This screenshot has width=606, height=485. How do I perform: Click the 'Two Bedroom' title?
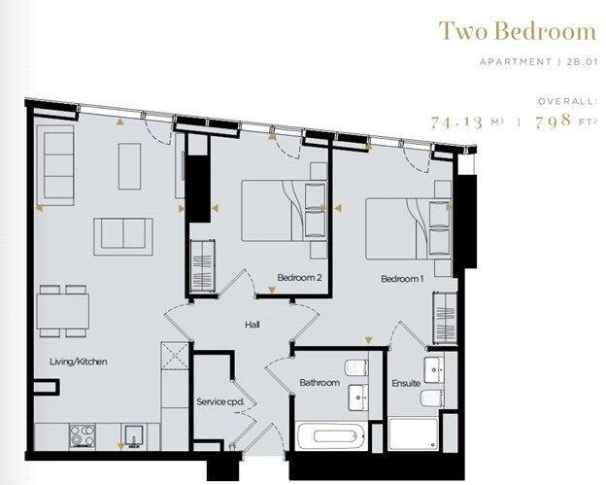(x=517, y=31)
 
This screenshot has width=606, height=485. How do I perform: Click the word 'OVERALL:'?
(x=567, y=100)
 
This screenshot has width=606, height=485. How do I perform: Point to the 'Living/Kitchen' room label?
(x=78, y=362)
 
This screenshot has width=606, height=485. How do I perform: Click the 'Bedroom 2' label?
(x=299, y=279)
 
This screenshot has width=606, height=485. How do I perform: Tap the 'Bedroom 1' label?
(x=402, y=279)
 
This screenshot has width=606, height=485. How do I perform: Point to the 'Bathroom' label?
(x=320, y=383)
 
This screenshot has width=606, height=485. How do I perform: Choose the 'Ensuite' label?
(x=407, y=383)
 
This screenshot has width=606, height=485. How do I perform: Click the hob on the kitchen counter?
(x=78, y=433)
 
